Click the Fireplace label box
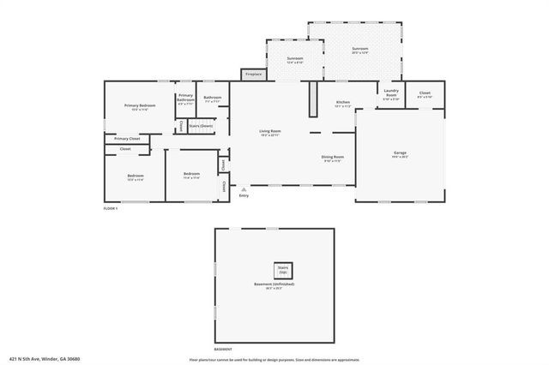tap(253, 75)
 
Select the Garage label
tap(400, 153)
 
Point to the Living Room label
tap(271, 131)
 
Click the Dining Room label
tap(333, 157)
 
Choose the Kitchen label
tap(342, 102)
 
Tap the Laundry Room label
tap(391, 93)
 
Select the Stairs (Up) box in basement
tap(283, 268)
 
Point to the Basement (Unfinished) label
tap(274, 284)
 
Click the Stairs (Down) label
tap(201, 126)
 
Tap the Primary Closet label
tap(127, 138)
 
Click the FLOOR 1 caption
tap(111, 208)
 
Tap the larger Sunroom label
tap(359, 49)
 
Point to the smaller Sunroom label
tap(295, 57)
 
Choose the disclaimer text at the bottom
tap(274, 358)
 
